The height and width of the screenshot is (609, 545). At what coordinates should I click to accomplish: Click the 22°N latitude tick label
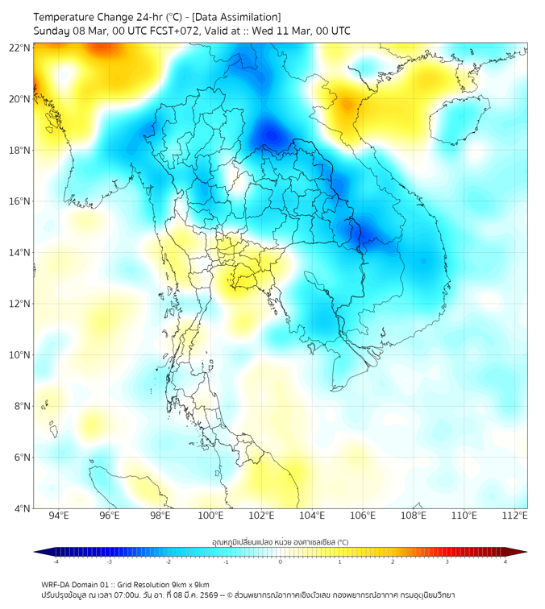pyautogui.click(x=20, y=48)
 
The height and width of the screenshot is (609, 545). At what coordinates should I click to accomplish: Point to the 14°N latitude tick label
pyautogui.click(x=20, y=252)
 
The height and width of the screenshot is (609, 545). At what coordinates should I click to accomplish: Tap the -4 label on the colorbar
pyautogui.click(x=55, y=561)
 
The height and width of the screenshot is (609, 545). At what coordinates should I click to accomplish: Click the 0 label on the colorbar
pyautogui.click(x=281, y=561)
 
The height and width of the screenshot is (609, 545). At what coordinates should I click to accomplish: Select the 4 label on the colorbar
pyautogui.click(x=505, y=561)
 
